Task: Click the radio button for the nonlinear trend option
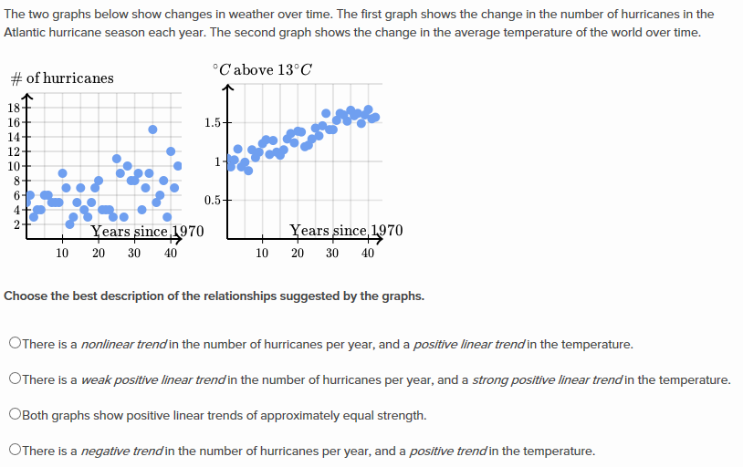(15, 344)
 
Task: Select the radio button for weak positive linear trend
(15, 379)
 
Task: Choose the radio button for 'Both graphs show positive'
(15, 415)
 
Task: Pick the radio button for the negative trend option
(15, 451)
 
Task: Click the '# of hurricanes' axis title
(61, 78)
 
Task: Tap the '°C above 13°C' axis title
(262, 69)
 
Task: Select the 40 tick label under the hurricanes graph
(171, 254)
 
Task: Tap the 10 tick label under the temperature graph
(262, 254)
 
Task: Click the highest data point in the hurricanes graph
(152, 129)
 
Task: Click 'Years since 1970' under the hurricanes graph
(146, 231)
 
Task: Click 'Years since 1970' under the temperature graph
(345, 231)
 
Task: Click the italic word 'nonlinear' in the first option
(109, 345)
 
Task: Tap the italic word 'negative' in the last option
(107, 451)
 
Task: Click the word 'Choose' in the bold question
(26, 296)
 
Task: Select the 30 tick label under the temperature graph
(332, 254)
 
